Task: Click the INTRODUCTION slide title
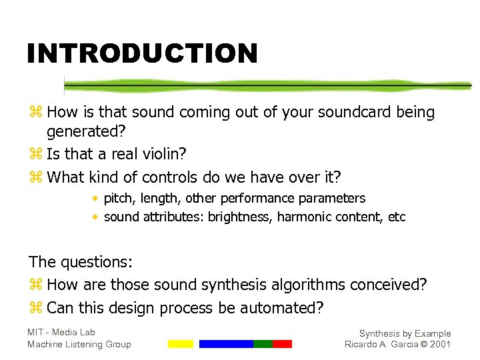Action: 141,53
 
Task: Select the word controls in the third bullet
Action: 165,177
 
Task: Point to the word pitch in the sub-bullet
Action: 117,198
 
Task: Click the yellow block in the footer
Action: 180,344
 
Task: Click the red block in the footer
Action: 282,344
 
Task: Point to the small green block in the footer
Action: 263,344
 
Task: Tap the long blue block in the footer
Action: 226,344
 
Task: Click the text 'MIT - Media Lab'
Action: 61,332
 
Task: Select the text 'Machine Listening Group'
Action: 79,344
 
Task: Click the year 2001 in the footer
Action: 441,344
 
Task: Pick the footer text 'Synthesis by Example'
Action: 405,333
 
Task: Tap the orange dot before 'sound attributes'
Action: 96,217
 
